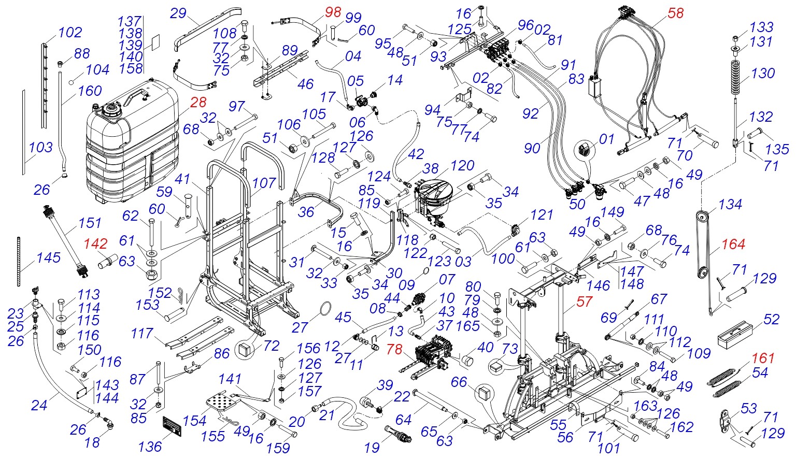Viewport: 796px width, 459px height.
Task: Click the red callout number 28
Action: [198, 103]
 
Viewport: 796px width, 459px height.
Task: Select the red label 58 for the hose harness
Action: [675, 13]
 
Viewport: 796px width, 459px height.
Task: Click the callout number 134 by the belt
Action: [730, 205]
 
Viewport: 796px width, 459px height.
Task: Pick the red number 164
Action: [733, 244]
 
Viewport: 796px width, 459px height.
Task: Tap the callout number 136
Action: [150, 447]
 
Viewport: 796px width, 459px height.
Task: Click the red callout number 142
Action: [96, 244]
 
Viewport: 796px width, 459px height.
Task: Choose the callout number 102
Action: [70, 33]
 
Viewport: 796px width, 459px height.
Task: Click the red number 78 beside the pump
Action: [394, 350]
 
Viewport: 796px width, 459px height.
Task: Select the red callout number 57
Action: [584, 302]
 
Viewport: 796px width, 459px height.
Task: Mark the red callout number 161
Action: [763, 358]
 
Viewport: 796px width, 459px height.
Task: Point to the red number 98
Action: [333, 12]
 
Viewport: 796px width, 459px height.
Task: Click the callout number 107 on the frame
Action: [264, 183]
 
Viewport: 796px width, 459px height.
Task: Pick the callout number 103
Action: [40, 148]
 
